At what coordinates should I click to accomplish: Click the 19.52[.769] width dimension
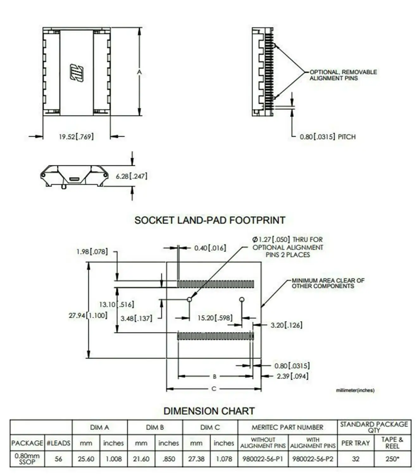(x=76, y=137)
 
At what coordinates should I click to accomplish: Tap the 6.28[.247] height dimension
(x=131, y=176)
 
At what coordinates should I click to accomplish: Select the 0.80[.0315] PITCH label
(x=328, y=137)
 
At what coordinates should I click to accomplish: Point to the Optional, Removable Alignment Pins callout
(x=343, y=75)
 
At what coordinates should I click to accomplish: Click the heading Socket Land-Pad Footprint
(x=210, y=220)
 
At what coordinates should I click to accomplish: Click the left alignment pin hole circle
(x=189, y=300)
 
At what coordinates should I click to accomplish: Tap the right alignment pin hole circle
(x=242, y=299)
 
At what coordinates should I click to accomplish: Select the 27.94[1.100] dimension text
(x=88, y=315)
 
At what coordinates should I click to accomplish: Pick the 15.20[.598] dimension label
(x=215, y=318)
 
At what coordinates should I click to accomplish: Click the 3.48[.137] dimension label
(x=136, y=319)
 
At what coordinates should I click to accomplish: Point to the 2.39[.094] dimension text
(x=292, y=376)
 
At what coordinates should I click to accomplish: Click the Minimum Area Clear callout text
(x=328, y=283)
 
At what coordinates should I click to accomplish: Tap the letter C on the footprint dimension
(x=214, y=389)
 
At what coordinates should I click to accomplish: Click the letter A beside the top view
(x=139, y=72)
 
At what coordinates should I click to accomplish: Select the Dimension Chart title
(x=209, y=411)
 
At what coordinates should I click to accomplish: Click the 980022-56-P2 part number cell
(x=313, y=459)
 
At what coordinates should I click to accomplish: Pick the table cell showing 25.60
(x=86, y=459)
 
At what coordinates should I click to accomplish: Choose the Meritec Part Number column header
(x=287, y=428)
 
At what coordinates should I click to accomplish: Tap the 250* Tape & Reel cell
(x=392, y=459)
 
